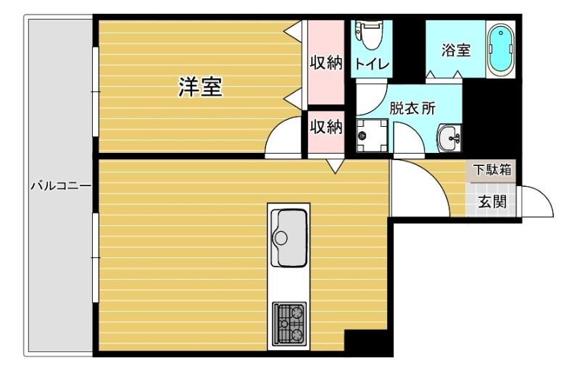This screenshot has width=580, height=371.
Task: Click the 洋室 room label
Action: click(x=200, y=88)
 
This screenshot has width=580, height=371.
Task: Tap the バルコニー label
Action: click(x=60, y=186)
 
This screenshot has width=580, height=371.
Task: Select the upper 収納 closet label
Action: click(x=326, y=63)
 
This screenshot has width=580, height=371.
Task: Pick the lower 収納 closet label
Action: click(x=326, y=127)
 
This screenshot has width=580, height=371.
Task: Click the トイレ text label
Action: click(x=372, y=64)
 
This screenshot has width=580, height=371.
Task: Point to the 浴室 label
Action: click(x=456, y=51)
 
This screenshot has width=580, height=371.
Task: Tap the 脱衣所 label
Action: click(x=413, y=109)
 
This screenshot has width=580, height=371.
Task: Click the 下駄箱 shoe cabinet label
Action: click(x=493, y=170)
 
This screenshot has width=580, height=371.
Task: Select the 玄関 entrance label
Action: click(x=492, y=202)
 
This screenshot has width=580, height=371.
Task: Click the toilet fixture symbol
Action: click(x=371, y=34)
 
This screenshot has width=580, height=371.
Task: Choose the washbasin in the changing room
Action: click(x=450, y=135)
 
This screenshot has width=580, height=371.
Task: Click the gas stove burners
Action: click(x=289, y=323)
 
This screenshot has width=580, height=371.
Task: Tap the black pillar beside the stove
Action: click(x=368, y=343)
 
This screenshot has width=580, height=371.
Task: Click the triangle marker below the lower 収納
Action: click(x=335, y=167)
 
